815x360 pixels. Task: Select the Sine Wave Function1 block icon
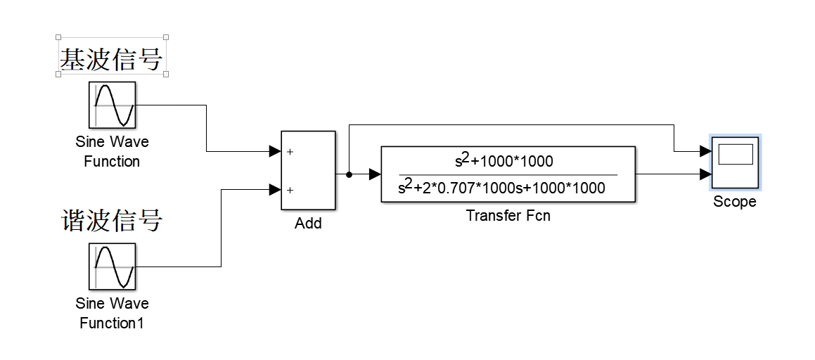click(x=112, y=266)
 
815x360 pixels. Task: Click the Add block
click(x=308, y=170)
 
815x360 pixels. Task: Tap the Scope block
click(x=735, y=163)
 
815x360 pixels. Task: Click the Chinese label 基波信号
click(x=111, y=59)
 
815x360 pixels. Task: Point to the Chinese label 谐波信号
click(x=111, y=221)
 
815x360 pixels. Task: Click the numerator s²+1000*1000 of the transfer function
click(x=504, y=161)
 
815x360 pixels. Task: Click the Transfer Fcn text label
click(x=508, y=216)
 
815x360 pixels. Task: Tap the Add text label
click(x=308, y=224)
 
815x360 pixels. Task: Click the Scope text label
click(x=735, y=202)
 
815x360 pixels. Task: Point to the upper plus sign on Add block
click(x=290, y=151)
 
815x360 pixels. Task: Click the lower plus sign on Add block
click(x=290, y=190)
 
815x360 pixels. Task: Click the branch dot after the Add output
click(x=349, y=174)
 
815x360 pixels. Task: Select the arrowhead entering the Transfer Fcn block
click(x=374, y=174)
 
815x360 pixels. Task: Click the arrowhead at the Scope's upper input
click(x=705, y=150)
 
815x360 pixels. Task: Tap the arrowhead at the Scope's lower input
click(x=705, y=174)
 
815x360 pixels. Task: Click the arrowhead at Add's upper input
click(x=274, y=150)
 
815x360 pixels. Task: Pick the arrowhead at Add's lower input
click(x=274, y=189)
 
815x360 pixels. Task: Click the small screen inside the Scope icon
click(x=736, y=154)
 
